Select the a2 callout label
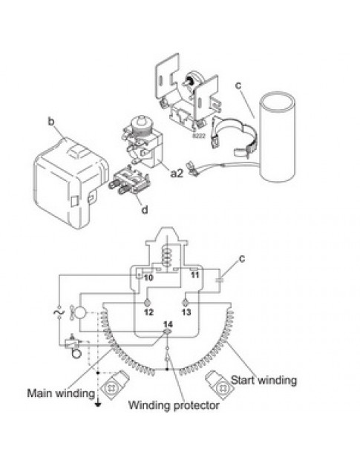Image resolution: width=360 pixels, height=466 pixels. (x=177, y=173)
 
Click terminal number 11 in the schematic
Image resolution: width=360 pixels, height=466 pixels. (x=194, y=275)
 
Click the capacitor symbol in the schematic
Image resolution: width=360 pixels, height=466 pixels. (x=218, y=280)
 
